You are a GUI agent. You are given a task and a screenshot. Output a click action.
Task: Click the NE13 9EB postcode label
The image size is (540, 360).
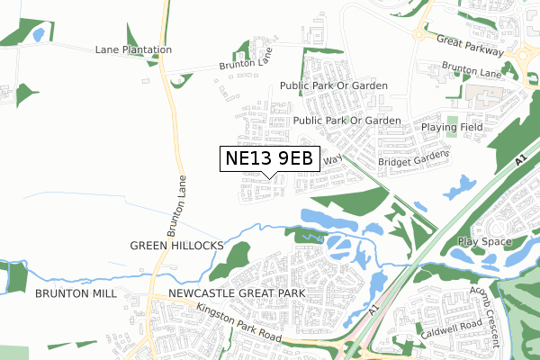click(x=269, y=158)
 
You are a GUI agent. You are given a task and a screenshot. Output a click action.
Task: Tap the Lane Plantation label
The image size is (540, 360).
click(x=132, y=49)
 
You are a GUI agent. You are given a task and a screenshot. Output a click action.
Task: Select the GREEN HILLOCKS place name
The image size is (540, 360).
click(x=175, y=245)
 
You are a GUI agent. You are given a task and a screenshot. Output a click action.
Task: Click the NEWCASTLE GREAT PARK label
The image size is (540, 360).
click(x=228, y=294)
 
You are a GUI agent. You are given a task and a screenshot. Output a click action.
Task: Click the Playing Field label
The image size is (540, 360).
click(x=452, y=128)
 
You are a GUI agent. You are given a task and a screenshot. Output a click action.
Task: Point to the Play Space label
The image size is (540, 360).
click(x=485, y=242)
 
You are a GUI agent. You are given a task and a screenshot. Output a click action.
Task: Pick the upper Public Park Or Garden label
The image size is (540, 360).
click(x=333, y=86)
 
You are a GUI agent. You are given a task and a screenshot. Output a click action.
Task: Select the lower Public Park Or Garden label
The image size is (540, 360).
click(x=346, y=121)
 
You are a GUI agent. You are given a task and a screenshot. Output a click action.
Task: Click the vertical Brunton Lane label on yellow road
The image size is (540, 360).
click(x=183, y=202)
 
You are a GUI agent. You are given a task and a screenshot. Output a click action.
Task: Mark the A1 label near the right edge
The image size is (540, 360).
click(x=520, y=161)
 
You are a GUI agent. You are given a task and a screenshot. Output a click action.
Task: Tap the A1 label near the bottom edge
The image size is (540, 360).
click(x=375, y=309)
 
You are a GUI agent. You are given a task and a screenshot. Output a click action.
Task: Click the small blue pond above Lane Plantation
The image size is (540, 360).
click(x=38, y=36)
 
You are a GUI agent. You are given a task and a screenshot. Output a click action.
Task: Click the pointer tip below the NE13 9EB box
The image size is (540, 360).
click(x=270, y=176)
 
